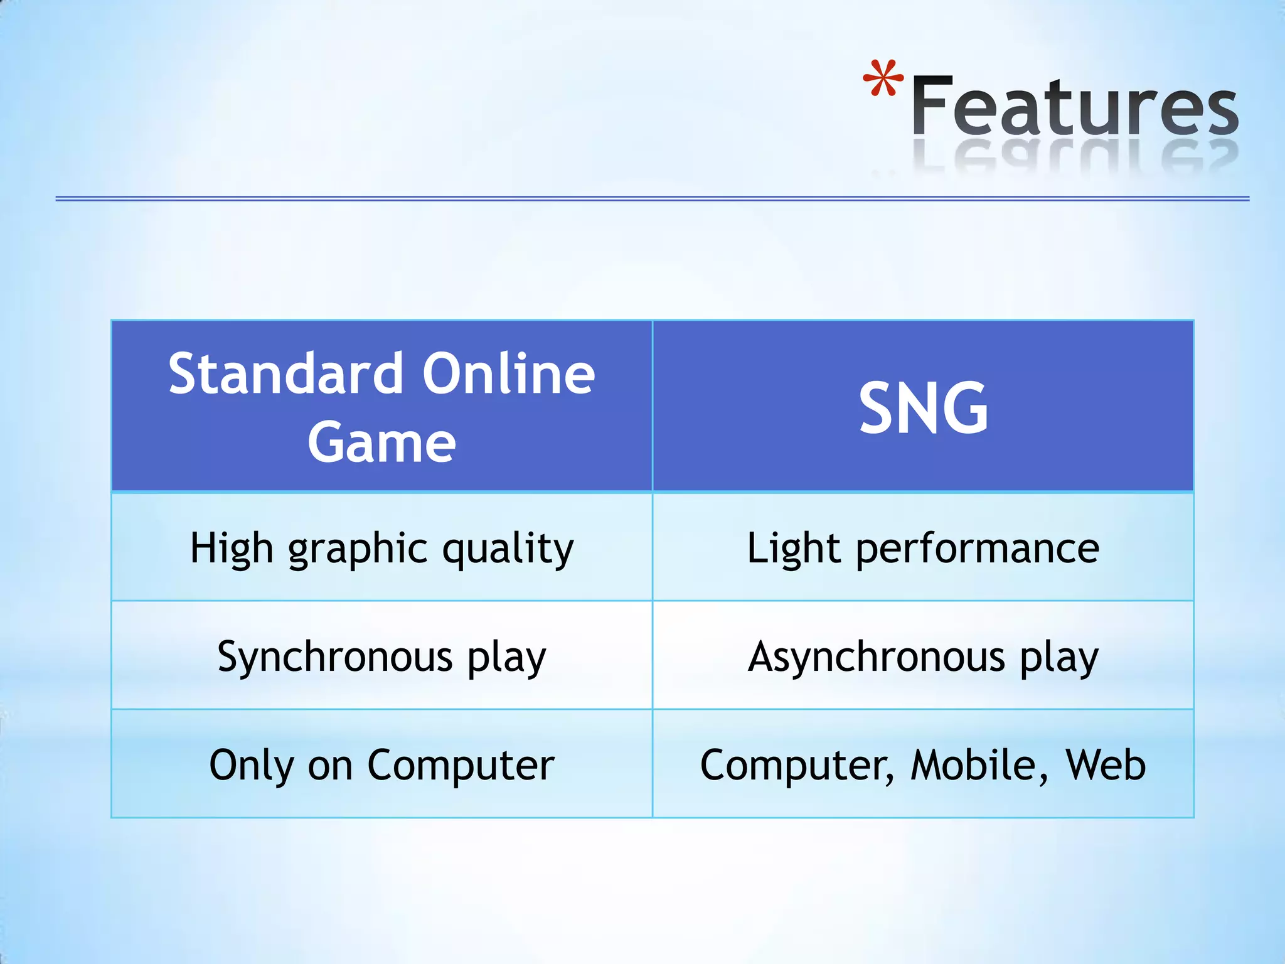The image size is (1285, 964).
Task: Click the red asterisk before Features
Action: pyautogui.click(x=883, y=79)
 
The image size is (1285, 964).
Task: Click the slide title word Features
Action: pyautogui.click(x=1075, y=107)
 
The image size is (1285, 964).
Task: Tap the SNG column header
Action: pyautogui.click(x=923, y=409)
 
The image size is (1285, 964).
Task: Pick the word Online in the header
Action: pyautogui.click(x=508, y=375)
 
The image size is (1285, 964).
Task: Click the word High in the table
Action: pyautogui.click(x=231, y=548)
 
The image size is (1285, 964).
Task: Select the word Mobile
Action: pyautogui.click(x=977, y=765)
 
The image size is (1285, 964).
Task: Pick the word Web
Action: pyautogui.click(x=1106, y=765)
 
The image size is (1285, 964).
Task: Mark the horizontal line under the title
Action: pyautogui.click(x=653, y=198)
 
